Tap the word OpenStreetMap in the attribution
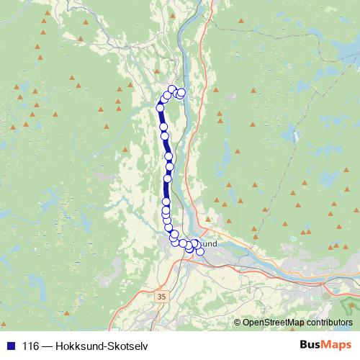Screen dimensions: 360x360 pyautogui.click(x=276, y=323)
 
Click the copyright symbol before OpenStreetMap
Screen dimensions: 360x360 pyautogui.click(x=238, y=323)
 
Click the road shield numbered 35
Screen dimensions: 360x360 pyautogui.click(x=161, y=295)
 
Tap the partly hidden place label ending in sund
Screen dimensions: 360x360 pyautogui.click(x=207, y=244)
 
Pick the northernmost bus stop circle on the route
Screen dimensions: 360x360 pyautogui.click(x=172, y=89)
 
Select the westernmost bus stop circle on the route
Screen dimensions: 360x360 pyautogui.click(x=161, y=108)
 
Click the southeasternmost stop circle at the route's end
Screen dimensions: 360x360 pyautogui.click(x=200, y=251)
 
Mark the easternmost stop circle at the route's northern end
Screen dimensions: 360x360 pyautogui.click(x=182, y=92)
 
